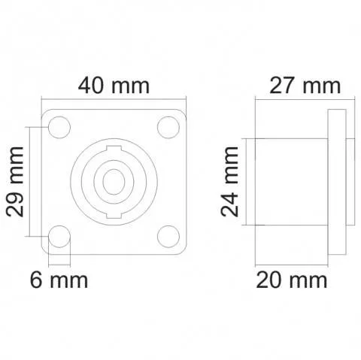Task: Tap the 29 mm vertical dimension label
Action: [17, 182]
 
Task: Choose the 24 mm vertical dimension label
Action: [232, 182]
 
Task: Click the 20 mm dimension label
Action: [292, 281]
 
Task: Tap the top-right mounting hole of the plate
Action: [167, 127]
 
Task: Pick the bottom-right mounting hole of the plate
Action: [167, 237]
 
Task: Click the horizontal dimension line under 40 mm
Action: [112, 99]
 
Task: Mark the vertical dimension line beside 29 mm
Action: [32, 182]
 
